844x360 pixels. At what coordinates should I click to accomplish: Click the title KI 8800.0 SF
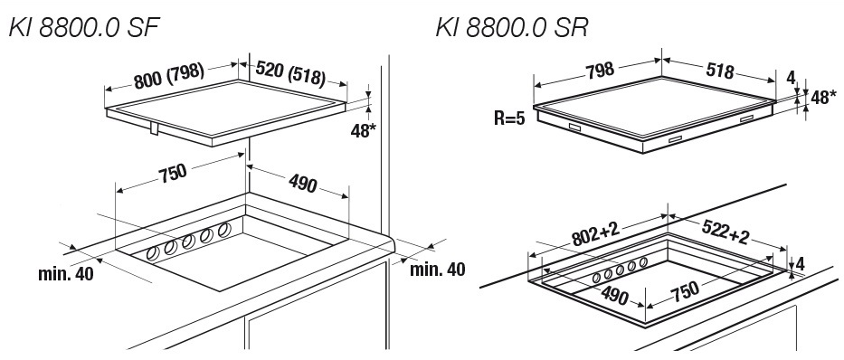(x=84, y=27)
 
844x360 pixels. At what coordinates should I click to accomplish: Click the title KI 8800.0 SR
(x=511, y=27)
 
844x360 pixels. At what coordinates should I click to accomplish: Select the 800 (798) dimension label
(x=169, y=76)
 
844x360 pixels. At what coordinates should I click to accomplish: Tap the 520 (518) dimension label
(x=290, y=73)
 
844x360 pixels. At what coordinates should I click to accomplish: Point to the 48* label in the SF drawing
(x=364, y=131)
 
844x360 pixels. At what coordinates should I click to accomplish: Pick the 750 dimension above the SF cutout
(x=173, y=173)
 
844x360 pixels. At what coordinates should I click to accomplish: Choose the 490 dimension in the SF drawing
(x=303, y=184)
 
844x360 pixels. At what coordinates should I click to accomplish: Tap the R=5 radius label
(x=508, y=118)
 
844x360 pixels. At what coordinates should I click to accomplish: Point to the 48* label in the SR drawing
(x=823, y=98)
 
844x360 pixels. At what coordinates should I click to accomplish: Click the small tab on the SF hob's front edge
(x=154, y=128)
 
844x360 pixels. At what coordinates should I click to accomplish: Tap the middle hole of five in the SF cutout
(x=188, y=242)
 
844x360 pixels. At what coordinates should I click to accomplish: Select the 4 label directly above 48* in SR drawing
(x=790, y=78)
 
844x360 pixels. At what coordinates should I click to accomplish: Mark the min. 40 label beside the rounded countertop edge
(x=438, y=269)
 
